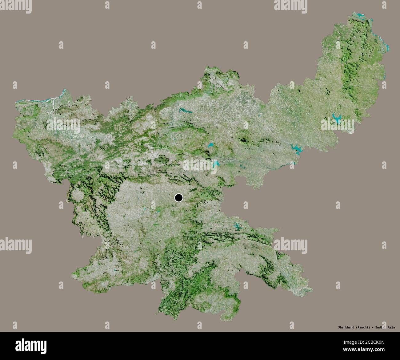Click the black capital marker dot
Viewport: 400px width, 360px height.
[178, 198]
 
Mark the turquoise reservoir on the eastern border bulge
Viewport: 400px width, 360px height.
[296, 149]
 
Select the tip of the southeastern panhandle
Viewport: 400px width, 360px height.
[312, 289]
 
